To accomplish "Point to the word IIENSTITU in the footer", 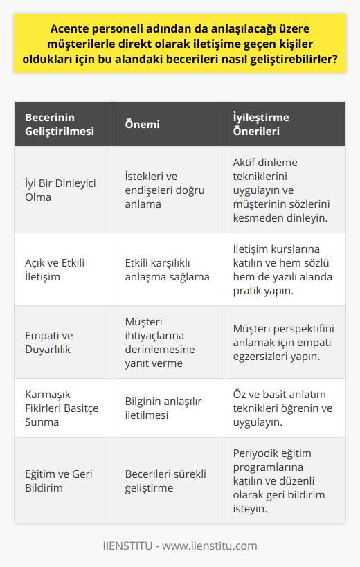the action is (x=130, y=546).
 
